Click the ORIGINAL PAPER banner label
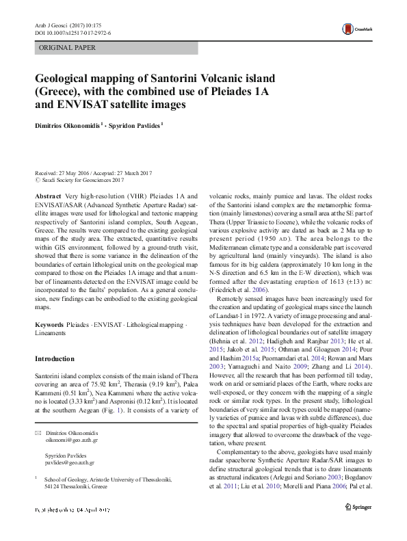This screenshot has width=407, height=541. tap(68, 48)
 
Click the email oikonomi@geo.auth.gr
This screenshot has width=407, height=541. tap(71, 442)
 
